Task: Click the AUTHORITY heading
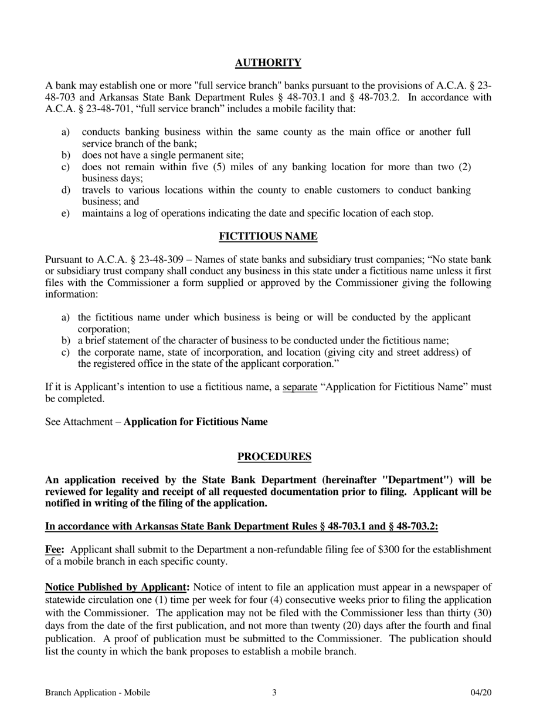coord(268,63)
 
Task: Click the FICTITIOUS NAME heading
coord(268,237)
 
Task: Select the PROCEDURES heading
coord(274,457)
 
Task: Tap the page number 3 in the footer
coord(274,693)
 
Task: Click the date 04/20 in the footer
coord(481,693)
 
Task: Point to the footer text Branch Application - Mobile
coord(97,693)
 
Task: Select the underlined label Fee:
coord(54,549)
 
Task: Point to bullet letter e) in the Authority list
coord(65,213)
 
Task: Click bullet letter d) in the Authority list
coord(65,190)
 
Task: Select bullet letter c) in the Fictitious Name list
coord(65,352)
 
